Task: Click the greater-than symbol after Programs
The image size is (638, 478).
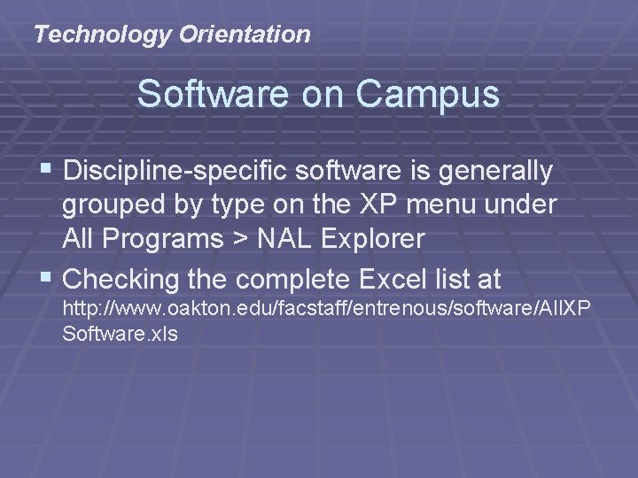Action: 243,240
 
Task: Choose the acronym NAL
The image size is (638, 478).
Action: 287,239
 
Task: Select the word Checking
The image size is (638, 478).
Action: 121,281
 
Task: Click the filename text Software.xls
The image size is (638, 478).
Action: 120,335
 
